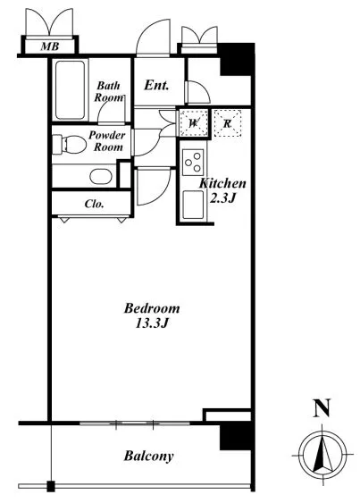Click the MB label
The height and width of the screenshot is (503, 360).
click(x=50, y=46)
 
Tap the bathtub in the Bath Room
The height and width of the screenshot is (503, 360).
click(x=70, y=90)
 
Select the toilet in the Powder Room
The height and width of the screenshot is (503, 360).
click(x=69, y=144)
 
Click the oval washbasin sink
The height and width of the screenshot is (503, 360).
click(x=101, y=176)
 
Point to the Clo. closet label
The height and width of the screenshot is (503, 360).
click(x=94, y=204)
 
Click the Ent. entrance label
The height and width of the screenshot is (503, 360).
click(x=156, y=86)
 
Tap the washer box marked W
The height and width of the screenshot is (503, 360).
click(x=194, y=123)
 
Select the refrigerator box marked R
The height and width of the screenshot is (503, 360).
click(x=227, y=123)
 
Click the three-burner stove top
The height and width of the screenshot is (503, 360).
click(x=193, y=163)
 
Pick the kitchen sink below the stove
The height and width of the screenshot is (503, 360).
click(x=193, y=205)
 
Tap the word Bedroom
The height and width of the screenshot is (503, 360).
click(x=152, y=308)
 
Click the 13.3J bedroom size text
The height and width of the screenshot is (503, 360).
click(x=152, y=323)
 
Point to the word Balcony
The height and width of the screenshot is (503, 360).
click(x=149, y=456)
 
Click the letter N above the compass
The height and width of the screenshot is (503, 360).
click(x=322, y=407)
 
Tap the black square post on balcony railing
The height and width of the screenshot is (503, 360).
click(x=51, y=486)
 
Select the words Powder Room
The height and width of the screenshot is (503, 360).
click(x=107, y=141)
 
